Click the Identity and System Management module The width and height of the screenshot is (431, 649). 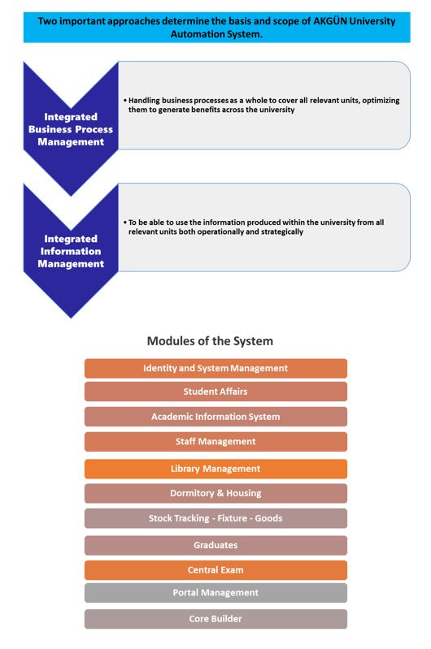pyautogui.click(x=215, y=369)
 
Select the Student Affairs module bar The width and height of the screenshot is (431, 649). pyautogui.click(x=215, y=392)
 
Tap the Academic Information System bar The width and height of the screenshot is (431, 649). pyautogui.click(x=215, y=417)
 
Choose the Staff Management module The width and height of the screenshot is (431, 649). pyautogui.click(x=215, y=442)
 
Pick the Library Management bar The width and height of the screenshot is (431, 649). pyautogui.click(x=215, y=469)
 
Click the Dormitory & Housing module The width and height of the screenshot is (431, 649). pyautogui.click(x=215, y=493)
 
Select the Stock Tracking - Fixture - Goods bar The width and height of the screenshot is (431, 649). pyautogui.click(x=215, y=518)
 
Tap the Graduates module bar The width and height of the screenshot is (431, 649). pyautogui.click(x=215, y=546)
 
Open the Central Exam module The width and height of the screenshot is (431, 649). pyautogui.click(x=215, y=570)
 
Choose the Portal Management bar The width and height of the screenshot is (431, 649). pyautogui.click(x=215, y=593)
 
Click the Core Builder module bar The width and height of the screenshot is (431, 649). pyautogui.click(x=215, y=619)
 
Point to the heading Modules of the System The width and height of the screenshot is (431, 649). pyautogui.click(x=210, y=341)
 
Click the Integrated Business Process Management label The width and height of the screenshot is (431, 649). pyautogui.click(x=71, y=129)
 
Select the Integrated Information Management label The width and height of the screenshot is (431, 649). pyautogui.click(x=71, y=251)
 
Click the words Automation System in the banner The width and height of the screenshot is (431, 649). pyautogui.click(x=216, y=34)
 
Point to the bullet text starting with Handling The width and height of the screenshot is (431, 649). pyautogui.click(x=262, y=105)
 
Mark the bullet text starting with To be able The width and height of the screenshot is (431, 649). pyautogui.click(x=254, y=227)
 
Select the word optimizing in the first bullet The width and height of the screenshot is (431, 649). pyautogui.click(x=381, y=101)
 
